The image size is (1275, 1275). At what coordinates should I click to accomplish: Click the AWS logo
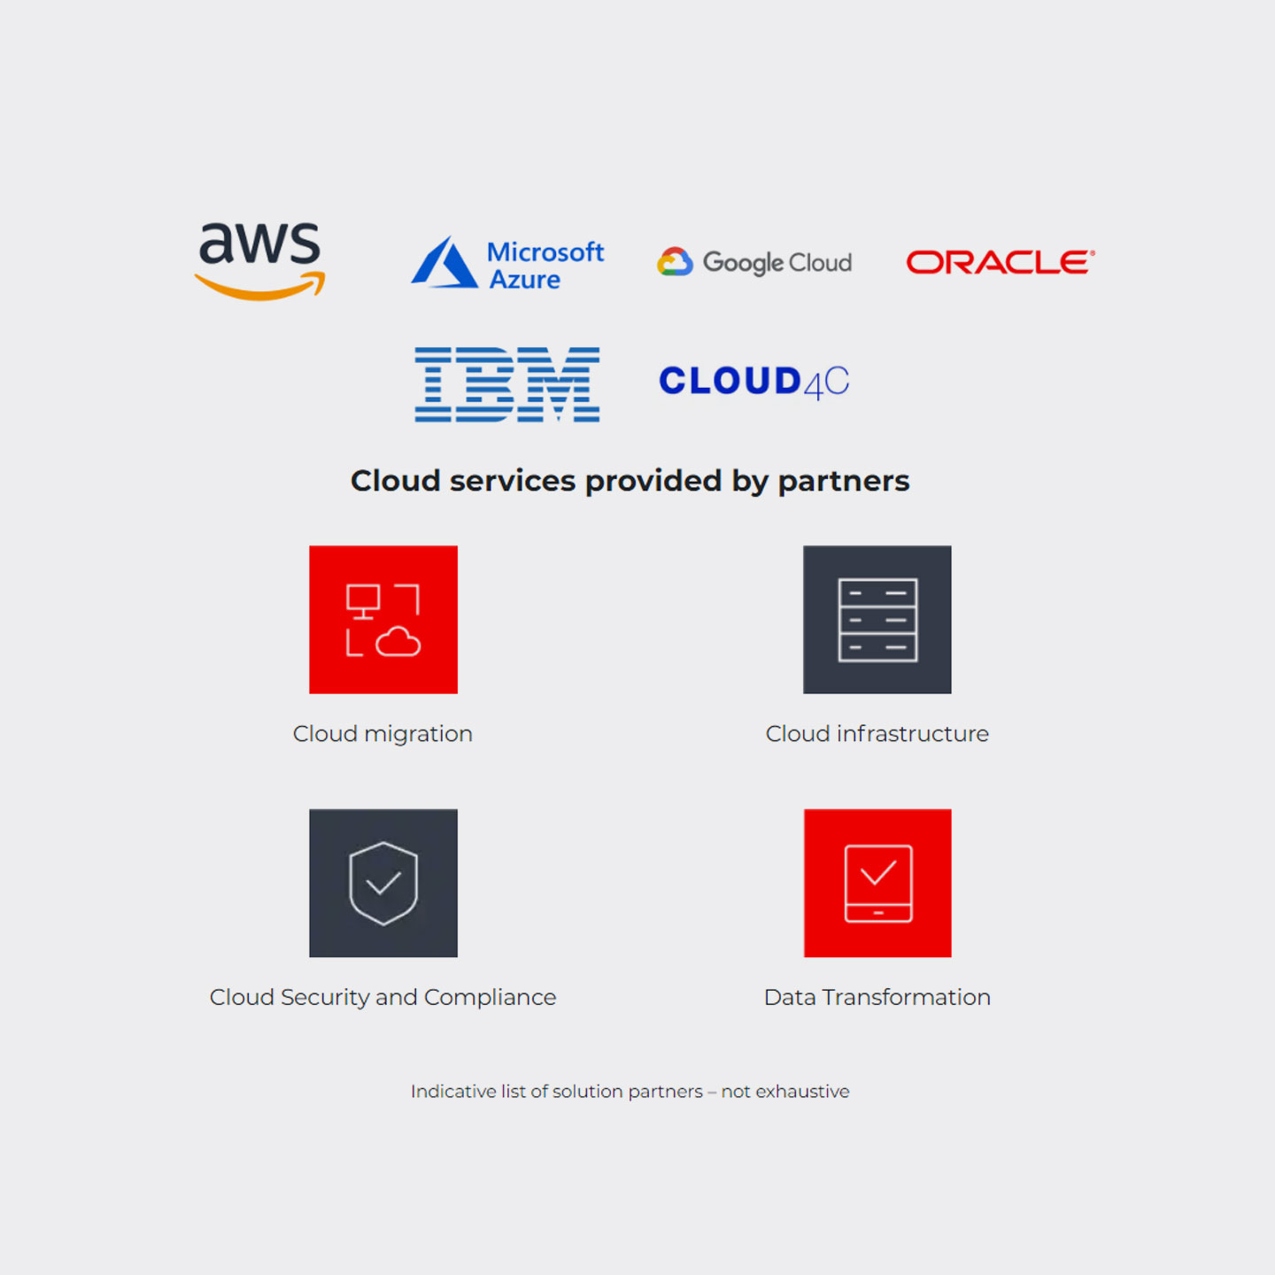click(x=259, y=260)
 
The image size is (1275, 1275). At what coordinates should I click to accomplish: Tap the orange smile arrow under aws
click(x=260, y=289)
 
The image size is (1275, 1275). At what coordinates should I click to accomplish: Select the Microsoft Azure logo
click(x=507, y=264)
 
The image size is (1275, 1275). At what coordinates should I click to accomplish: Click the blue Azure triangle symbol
click(x=444, y=264)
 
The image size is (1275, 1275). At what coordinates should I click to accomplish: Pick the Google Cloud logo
click(x=754, y=262)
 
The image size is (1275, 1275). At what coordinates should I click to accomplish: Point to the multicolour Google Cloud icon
click(x=675, y=262)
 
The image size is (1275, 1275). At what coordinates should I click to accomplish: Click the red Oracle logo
click(x=1000, y=262)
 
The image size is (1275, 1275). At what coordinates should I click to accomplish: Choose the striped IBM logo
click(x=507, y=384)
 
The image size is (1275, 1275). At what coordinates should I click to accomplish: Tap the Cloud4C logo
click(x=753, y=382)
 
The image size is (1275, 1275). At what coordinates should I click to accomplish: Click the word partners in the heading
click(x=843, y=482)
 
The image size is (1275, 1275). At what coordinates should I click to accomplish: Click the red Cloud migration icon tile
click(x=383, y=620)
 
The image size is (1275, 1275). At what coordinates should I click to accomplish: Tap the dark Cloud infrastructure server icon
click(x=877, y=620)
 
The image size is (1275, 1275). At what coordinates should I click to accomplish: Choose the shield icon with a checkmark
click(x=383, y=884)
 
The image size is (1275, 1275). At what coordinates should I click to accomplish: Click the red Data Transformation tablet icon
click(x=877, y=884)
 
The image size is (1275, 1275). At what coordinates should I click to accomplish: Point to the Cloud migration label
click(x=382, y=734)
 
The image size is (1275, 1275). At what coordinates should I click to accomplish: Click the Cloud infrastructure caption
click(x=877, y=734)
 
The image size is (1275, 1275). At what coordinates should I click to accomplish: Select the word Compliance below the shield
click(x=490, y=998)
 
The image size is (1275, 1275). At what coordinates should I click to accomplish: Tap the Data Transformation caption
click(x=877, y=998)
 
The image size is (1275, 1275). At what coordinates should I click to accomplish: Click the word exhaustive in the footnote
click(x=802, y=1092)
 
